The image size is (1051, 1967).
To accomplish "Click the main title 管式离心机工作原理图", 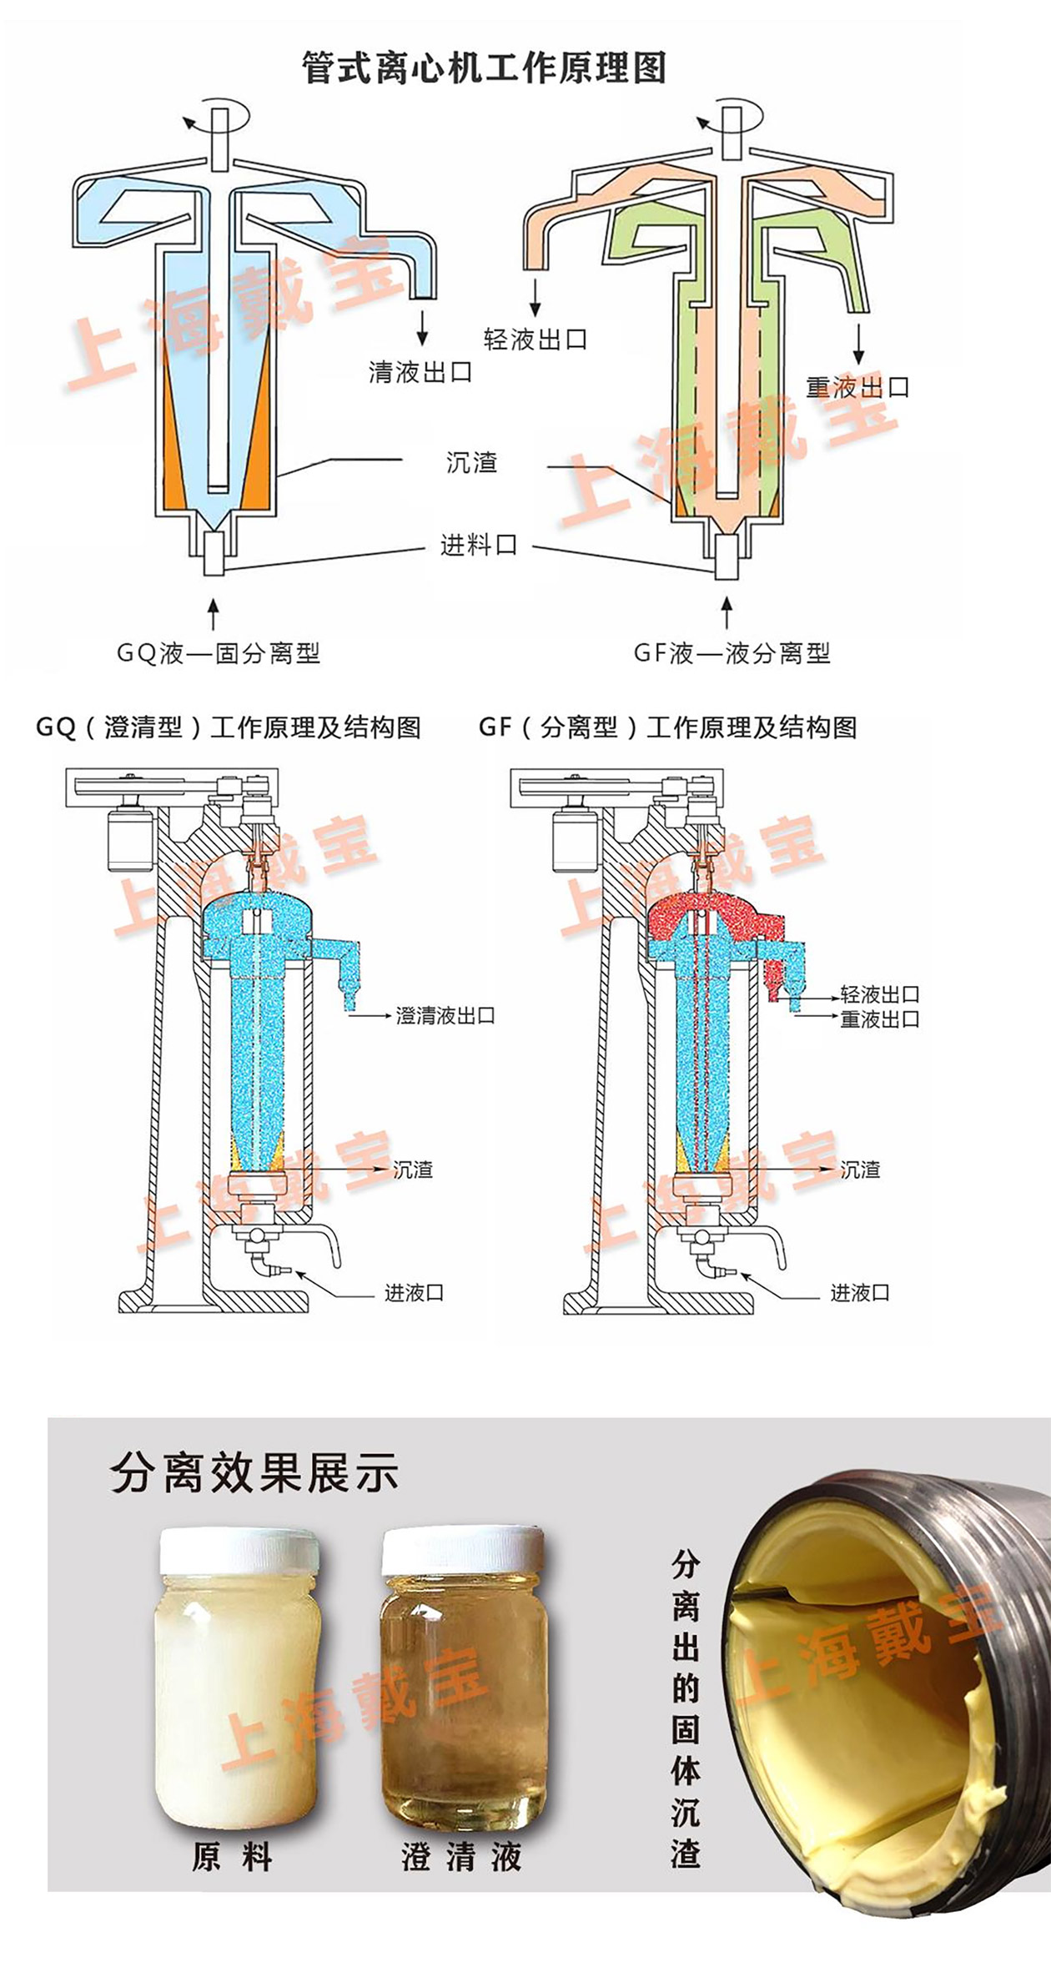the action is pos(484,68).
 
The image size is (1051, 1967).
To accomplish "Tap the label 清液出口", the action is pos(420,372).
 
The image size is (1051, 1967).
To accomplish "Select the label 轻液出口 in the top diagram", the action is pos(536,340).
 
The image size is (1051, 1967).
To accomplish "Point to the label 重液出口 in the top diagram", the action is pos(857,387).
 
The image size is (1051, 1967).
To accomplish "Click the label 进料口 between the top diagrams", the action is pos(479,546).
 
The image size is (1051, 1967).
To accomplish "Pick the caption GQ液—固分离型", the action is pos(219,653).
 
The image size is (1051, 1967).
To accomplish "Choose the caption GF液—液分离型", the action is pos(732,653).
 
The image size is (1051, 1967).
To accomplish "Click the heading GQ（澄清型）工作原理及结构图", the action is pos(229,727).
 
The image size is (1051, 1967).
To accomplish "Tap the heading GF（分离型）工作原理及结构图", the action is pos(668,727).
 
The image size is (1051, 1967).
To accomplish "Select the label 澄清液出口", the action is pos(445,1015).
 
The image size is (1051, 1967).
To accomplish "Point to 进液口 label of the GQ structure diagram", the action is pos(414,1293).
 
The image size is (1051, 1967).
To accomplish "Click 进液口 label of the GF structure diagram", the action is pos(860,1293).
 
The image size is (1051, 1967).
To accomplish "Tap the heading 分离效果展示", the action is pos(254,1473).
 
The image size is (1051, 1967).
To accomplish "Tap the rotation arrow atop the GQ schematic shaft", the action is pos(215,116).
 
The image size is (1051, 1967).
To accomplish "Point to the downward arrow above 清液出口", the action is pos(423,328).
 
